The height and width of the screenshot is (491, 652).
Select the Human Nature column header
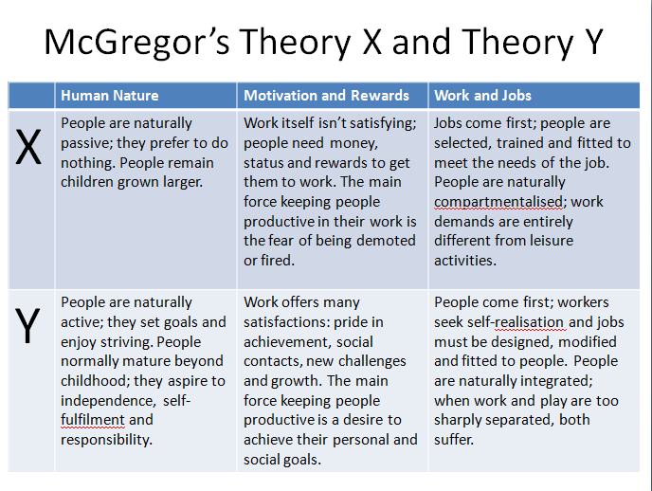(x=110, y=95)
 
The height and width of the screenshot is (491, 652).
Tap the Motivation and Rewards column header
(x=327, y=95)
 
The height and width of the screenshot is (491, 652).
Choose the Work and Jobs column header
(x=483, y=95)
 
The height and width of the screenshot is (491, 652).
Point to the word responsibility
(x=107, y=439)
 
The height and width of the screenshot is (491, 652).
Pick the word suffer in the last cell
(x=457, y=439)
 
